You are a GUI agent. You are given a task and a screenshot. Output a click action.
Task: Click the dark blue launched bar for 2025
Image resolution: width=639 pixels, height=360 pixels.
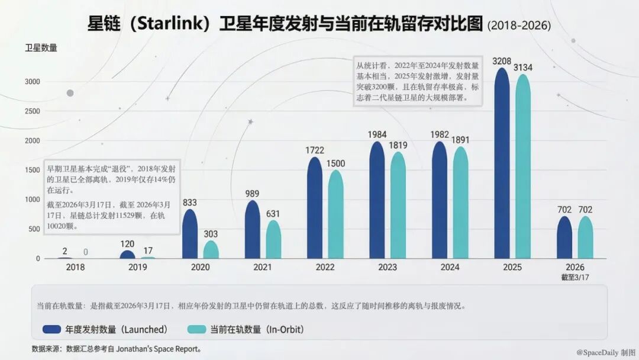point(502,163)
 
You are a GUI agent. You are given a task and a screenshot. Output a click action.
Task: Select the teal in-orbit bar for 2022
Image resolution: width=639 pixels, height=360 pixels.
point(335,214)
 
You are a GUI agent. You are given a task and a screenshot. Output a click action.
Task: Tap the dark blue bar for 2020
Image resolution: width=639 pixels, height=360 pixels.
point(189,234)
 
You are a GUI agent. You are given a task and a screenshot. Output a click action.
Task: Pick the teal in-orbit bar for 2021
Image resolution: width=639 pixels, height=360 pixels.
point(273,239)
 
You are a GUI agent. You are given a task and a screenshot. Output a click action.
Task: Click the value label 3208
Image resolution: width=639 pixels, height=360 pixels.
point(502,61)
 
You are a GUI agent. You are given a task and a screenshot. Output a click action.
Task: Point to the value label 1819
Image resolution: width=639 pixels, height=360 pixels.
point(398,146)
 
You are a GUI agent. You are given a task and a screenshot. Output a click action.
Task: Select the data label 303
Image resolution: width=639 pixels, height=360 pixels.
point(211,234)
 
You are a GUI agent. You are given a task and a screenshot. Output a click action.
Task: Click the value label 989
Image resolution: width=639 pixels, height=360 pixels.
point(252,194)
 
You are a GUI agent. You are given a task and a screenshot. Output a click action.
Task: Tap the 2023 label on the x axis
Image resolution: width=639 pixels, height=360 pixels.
point(387,267)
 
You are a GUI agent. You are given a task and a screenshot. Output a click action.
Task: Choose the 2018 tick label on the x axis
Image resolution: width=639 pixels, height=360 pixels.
point(75,267)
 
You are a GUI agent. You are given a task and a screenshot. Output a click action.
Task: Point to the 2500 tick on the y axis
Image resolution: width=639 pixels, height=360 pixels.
point(32,111)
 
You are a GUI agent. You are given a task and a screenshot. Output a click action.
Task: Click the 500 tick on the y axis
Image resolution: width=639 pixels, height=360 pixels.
point(34,229)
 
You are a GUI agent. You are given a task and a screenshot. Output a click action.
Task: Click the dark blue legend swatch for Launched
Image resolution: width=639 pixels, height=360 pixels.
point(51,329)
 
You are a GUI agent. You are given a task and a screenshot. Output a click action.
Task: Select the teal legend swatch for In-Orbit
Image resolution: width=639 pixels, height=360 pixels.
point(196,329)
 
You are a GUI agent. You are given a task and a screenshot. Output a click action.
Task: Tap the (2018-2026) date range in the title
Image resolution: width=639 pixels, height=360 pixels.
point(519,25)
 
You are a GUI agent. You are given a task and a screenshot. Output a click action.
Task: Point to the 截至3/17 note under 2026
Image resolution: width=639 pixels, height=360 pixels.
point(575,277)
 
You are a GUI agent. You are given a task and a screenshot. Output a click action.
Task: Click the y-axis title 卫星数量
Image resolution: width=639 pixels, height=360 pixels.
point(41,48)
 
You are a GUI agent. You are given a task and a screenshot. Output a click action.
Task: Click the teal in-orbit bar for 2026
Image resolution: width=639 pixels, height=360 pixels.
point(585,237)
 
